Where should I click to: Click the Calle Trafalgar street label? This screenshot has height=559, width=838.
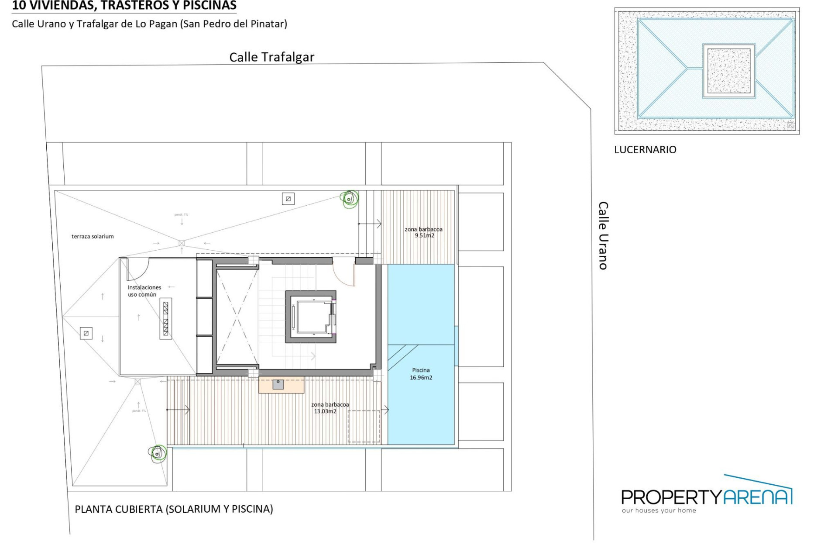pyautogui.click(x=271, y=57)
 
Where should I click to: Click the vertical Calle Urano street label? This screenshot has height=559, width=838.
pyautogui.click(x=603, y=235)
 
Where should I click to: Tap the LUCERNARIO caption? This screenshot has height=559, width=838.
pyautogui.click(x=645, y=150)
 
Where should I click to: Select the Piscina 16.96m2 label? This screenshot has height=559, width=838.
pyautogui.click(x=421, y=374)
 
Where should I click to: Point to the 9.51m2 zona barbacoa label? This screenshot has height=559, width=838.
pyautogui.click(x=423, y=232)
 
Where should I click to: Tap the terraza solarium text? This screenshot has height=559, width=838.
pyautogui.click(x=93, y=236)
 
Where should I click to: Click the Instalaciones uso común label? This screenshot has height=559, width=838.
pyautogui.click(x=144, y=291)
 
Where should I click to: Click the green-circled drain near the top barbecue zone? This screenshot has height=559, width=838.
pyautogui.click(x=349, y=199)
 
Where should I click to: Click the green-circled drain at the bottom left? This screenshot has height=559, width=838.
pyautogui.click(x=158, y=453)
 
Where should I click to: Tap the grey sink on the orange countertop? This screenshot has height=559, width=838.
pyautogui.click(x=278, y=384)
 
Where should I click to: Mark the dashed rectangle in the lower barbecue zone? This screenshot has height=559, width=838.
pyautogui.click(x=364, y=426)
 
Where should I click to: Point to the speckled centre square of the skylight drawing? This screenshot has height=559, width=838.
pyautogui.click(x=728, y=70)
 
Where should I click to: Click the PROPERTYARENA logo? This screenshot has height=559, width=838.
pyautogui.click(x=706, y=497)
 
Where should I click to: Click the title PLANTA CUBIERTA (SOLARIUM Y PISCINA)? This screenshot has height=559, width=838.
pyautogui.click(x=174, y=509)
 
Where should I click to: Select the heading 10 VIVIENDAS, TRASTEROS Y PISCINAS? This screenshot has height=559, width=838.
pyautogui.click(x=124, y=6)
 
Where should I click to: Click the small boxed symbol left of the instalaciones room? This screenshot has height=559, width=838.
pyautogui.click(x=86, y=333)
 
